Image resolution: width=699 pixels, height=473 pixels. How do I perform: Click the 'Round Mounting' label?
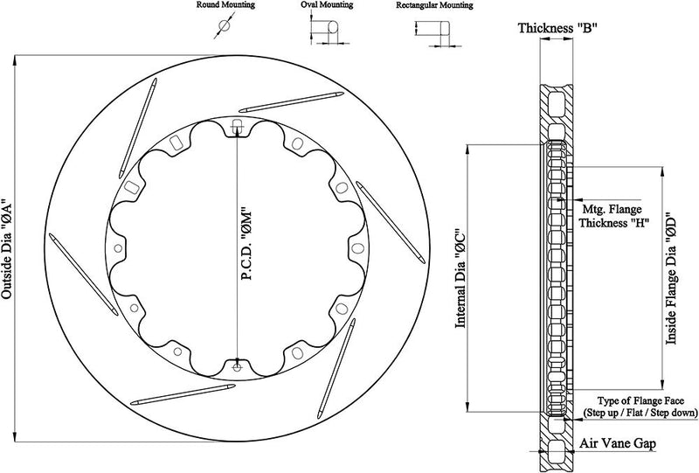tap(224, 5)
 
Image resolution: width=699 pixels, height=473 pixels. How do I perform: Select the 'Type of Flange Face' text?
tap(638, 400)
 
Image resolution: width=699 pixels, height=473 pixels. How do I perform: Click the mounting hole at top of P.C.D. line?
tap(238, 122)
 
